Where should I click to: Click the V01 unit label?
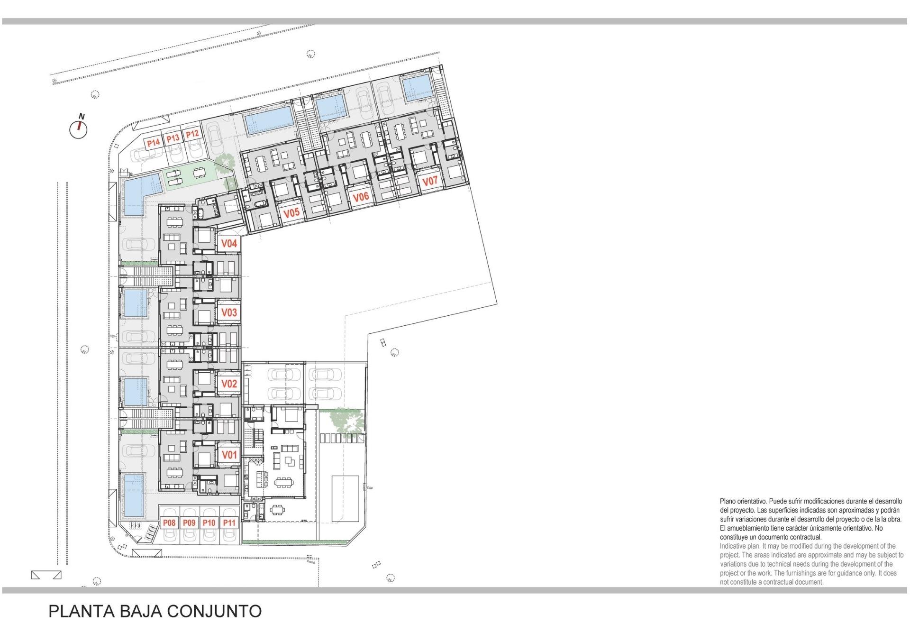click(x=229, y=455)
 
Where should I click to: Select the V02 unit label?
click(x=229, y=383)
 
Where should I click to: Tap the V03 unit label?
click(x=229, y=312)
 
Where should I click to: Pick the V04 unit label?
click(x=229, y=243)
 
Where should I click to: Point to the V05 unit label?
click(x=291, y=213)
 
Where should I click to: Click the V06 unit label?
click(x=361, y=197)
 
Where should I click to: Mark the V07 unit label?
click(x=430, y=181)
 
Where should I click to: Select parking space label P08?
click(x=169, y=523)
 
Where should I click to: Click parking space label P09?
click(x=189, y=523)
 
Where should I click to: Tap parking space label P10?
click(x=209, y=523)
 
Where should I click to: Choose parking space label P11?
click(x=229, y=523)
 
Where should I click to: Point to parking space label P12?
click(x=192, y=134)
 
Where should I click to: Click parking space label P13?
click(x=173, y=138)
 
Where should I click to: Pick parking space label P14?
click(x=153, y=142)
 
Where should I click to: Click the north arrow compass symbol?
click(x=79, y=128)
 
